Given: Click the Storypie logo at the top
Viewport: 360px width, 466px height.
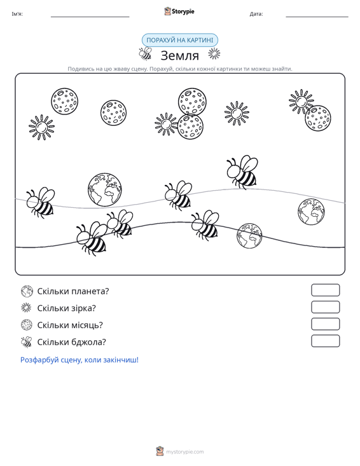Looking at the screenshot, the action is [x=179, y=11].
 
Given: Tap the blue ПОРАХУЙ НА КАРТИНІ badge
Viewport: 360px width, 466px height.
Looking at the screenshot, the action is [x=180, y=40].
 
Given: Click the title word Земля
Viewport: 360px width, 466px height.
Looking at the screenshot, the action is [x=179, y=55].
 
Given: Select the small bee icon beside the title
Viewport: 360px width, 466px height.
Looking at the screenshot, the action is [x=146, y=54].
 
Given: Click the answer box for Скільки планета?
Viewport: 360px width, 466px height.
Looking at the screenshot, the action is [x=325, y=290].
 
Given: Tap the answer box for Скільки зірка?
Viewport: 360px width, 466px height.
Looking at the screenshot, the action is [x=325, y=307].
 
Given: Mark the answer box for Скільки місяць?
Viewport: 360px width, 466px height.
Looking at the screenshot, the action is [x=325, y=324].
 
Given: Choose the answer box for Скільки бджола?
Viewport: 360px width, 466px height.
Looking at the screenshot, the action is [x=325, y=341].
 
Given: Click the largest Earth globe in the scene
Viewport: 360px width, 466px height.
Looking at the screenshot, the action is [x=105, y=189].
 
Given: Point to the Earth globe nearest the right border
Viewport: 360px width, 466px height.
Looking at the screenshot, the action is [x=311, y=212].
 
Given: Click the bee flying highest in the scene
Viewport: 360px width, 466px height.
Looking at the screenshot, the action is [x=242, y=172].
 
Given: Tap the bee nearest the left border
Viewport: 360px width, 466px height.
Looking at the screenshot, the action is [x=40, y=202].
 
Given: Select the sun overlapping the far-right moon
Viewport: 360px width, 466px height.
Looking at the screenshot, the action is [x=301, y=102].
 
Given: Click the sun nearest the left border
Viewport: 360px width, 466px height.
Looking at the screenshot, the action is [x=41, y=128].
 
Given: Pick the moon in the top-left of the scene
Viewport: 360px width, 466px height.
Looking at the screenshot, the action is [x=64, y=101].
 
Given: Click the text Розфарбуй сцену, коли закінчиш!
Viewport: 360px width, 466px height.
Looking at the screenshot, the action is [x=80, y=360].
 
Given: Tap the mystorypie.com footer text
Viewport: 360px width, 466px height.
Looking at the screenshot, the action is [x=185, y=452].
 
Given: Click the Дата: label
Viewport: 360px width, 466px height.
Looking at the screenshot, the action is [x=256, y=14].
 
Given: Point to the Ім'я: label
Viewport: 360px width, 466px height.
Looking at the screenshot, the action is [x=17, y=14].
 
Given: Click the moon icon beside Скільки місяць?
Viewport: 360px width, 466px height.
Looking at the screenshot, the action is [x=27, y=325].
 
